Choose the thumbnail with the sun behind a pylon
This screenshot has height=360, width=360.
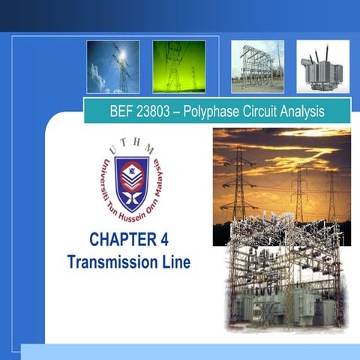(x=112, y=67)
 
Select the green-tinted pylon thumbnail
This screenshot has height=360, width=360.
(x=179, y=67)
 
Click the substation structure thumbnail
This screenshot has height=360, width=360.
(x=257, y=67)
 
